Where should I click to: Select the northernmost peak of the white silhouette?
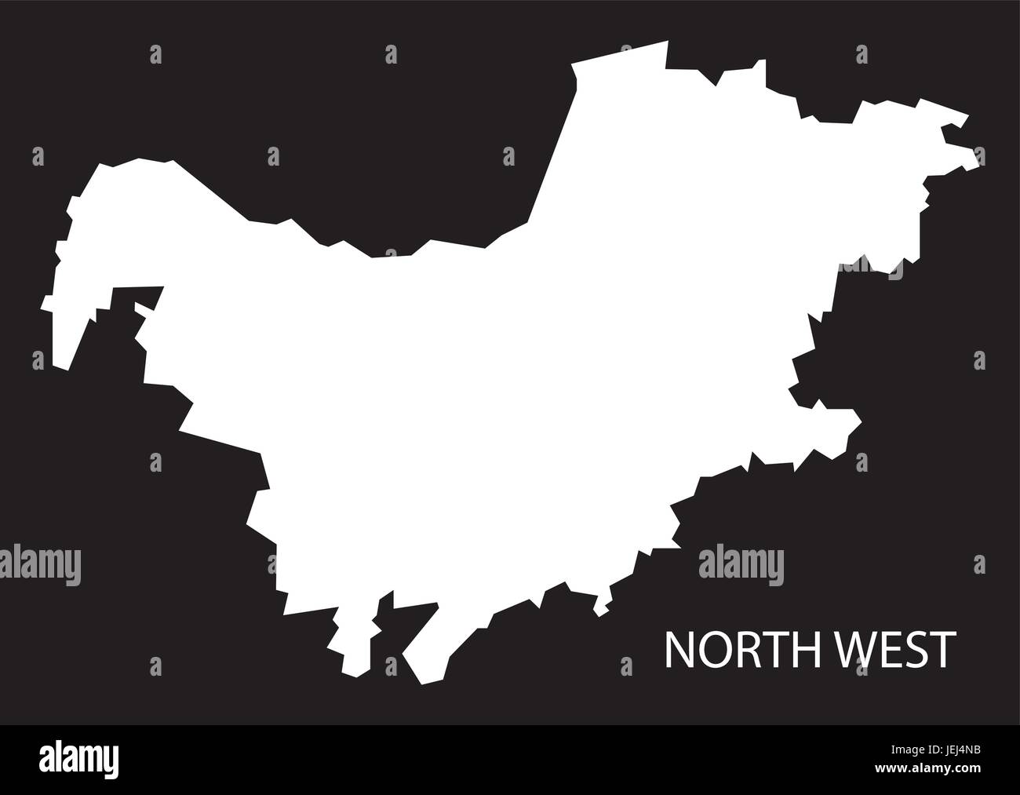point(666,42)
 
